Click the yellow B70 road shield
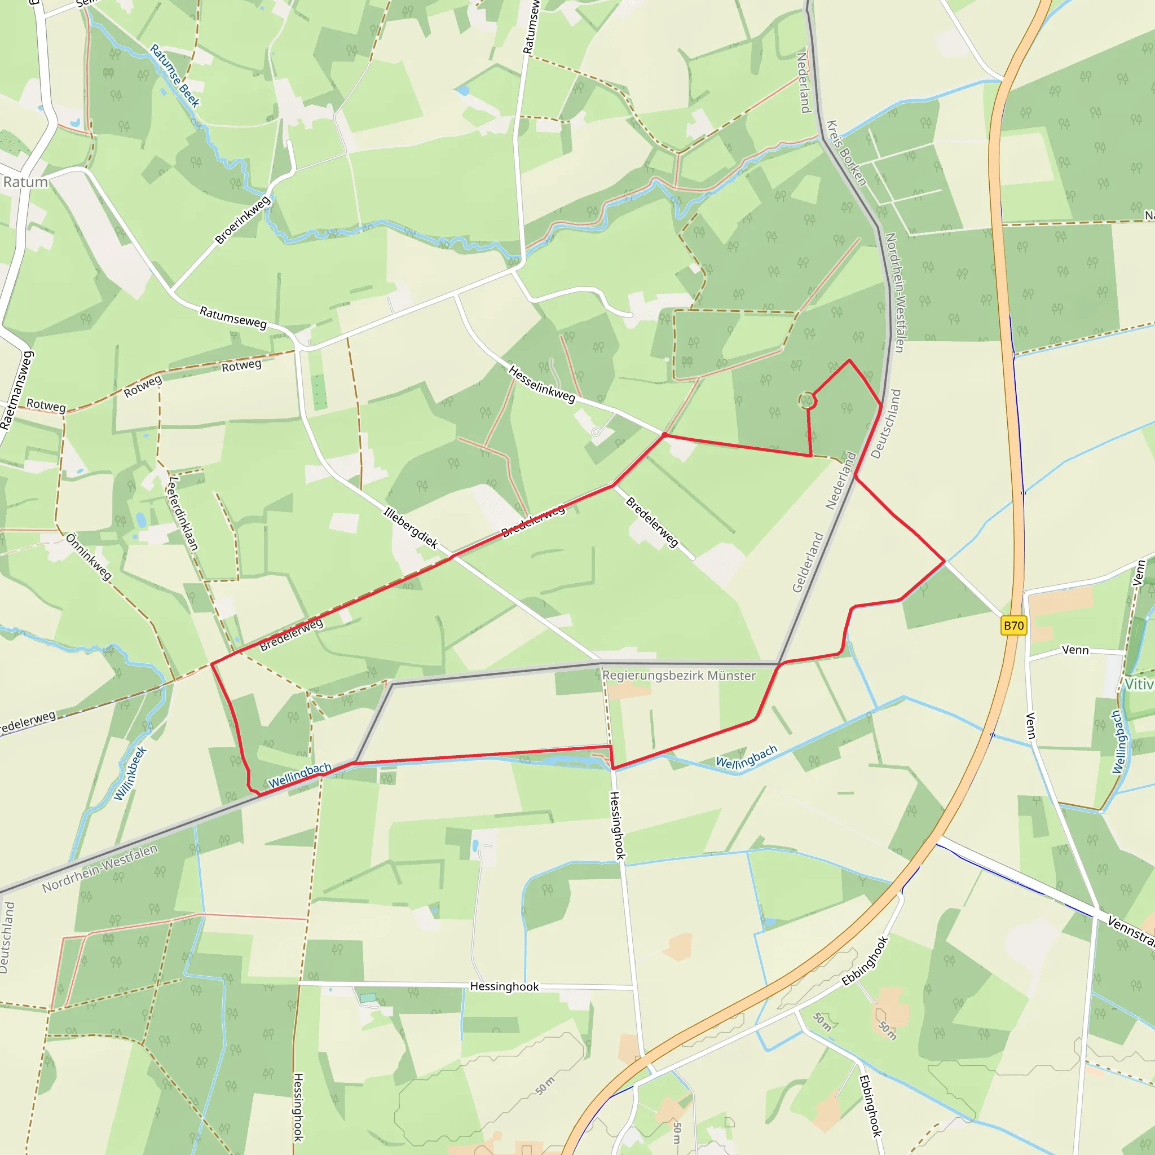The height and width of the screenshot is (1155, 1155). pyautogui.click(x=1013, y=626)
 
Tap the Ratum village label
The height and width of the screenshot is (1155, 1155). pyautogui.click(x=25, y=182)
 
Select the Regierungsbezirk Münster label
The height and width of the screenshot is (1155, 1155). pyautogui.click(x=678, y=676)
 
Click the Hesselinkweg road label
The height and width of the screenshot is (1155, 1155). pyautogui.click(x=541, y=385)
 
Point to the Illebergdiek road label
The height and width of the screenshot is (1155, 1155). pyautogui.click(x=411, y=528)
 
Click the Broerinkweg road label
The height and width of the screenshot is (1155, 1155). pyautogui.click(x=242, y=220)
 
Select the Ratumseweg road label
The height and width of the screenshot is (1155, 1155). pyautogui.click(x=232, y=317)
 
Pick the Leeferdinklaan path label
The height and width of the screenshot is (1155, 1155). pyautogui.click(x=183, y=512)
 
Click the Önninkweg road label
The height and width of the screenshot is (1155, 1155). pyautogui.click(x=89, y=557)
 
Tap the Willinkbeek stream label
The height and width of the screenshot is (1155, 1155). pyautogui.click(x=130, y=773)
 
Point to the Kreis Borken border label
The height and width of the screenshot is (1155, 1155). pyautogui.click(x=846, y=153)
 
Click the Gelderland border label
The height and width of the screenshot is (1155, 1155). pyautogui.click(x=808, y=562)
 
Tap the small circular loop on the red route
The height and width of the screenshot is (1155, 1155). pyautogui.click(x=807, y=400)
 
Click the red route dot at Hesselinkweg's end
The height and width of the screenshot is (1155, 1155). pyautogui.click(x=665, y=435)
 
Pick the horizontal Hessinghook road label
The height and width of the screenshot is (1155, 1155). pyautogui.click(x=504, y=986)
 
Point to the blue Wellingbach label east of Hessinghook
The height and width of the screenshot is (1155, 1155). pyautogui.click(x=747, y=757)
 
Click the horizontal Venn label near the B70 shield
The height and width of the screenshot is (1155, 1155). pyautogui.click(x=1075, y=650)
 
